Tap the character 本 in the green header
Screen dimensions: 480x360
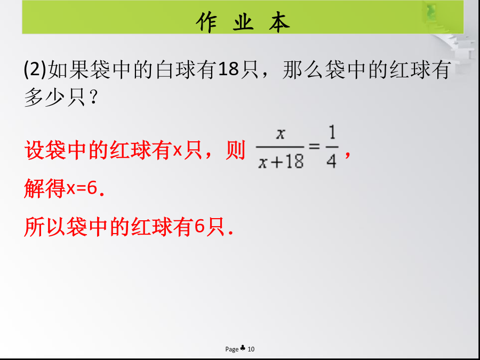[279, 22]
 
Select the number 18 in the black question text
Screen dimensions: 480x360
[229, 69]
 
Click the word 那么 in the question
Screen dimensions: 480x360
[302, 70]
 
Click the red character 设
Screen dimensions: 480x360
[34, 150]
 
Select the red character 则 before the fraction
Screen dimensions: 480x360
[235, 150]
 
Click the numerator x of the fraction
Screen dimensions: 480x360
[280, 134]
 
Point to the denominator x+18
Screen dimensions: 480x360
[281, 161]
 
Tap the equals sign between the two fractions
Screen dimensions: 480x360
[314, 146]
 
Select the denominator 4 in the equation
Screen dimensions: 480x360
[332, 161]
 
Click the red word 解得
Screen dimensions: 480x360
[45, 188]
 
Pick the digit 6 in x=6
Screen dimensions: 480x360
[92, 188]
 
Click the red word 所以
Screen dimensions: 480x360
[45, 227]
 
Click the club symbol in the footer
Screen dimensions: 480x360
[243, 348]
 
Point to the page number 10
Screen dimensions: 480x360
[251, 349]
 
